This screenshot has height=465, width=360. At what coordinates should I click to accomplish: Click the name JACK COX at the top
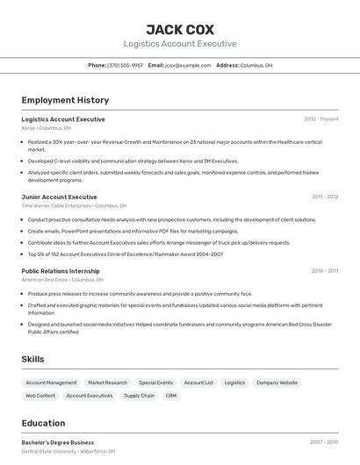pyautogui.click(x=179, y=29)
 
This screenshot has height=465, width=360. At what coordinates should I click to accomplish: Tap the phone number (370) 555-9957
pyautogui.click(x=125, y=65)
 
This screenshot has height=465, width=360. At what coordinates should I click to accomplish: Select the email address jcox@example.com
pyautogui.click(x=188, y=65)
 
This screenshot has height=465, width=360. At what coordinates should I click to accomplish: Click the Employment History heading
pyautogui.click(x=65, y=100)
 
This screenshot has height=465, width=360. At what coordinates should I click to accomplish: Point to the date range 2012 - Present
pyautogui.click(x=320, y=118)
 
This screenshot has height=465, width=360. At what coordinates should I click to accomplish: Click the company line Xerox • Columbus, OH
pyautogui.click(x=47, y=128)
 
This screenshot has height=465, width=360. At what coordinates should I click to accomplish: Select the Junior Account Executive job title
pyautogui.click(x=59, y=197)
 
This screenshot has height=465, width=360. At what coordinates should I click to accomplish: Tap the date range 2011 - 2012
pyautogui.click(x=324, y=197)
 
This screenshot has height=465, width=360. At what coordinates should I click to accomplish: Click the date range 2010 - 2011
pyautogui.click(x=324, y=271)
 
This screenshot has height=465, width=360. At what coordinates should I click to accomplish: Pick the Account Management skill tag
pyautogui.click(x=51, y=383)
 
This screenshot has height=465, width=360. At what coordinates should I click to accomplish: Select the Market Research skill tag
pyautogui.click(x=107, y=383)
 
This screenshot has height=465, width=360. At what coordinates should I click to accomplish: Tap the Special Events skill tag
pyautogui.click(x=155, y=383)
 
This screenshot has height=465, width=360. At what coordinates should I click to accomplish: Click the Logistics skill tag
pyautogui.click(x=234, y=383)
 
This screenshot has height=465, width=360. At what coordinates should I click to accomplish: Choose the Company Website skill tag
pyautogui.click(x=277, y=383)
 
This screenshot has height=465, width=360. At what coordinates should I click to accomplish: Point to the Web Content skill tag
pyautogui.click(x=40, y=396)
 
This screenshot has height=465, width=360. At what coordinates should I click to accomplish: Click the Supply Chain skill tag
pyautogui.click(x=139, y=396)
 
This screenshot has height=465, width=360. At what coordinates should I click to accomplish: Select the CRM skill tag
pyautogui.click(x=171, y=396)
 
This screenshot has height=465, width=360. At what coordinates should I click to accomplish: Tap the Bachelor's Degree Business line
pyautogui.click(x=57, y=442)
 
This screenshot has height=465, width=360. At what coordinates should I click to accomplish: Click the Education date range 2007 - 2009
pyautogui.click(x=324, y=442)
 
